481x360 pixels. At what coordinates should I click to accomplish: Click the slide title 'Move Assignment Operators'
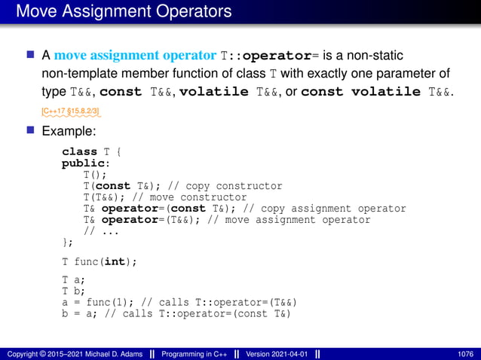tap(124, 11)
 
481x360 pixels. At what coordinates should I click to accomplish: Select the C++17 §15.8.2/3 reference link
tap(71, 111)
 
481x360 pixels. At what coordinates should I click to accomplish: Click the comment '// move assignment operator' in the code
tap(294, 220)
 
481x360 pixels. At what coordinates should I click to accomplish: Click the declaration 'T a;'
tap(73, 279)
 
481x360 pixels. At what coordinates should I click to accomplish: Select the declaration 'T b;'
tap(73, 291)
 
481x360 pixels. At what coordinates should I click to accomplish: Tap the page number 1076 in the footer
tap(464, 354)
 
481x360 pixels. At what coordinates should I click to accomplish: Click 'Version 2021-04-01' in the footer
tap(274, 354)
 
